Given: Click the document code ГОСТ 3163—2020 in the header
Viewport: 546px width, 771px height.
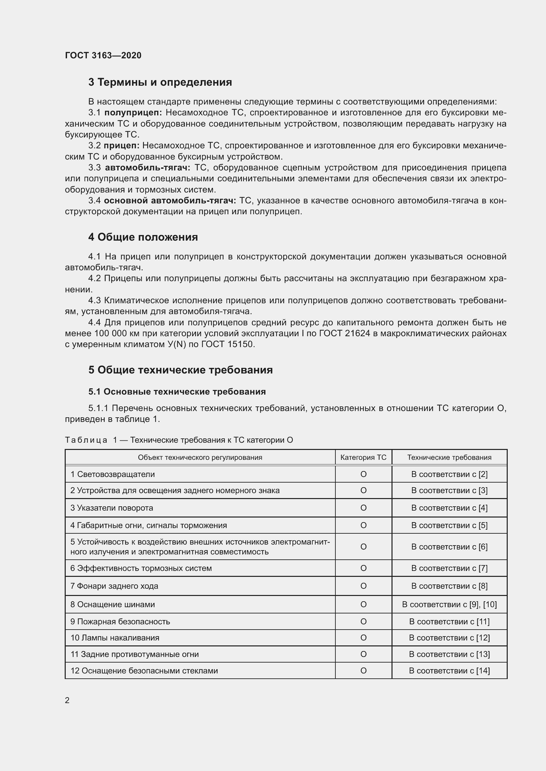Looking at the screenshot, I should pos(103,55).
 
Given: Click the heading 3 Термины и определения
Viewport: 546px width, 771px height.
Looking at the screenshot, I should pos(160,82).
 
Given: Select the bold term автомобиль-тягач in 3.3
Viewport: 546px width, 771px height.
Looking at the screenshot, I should pos(148,167).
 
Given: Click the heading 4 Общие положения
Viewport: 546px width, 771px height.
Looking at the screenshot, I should pos(143,237).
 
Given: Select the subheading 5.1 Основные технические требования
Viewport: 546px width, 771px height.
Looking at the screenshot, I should pos(177,392).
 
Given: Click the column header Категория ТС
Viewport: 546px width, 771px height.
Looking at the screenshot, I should pos(363,458).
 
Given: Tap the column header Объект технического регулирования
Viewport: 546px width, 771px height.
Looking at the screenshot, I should pos(200,458).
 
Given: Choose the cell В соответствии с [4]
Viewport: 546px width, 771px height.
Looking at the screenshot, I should pos(449,508).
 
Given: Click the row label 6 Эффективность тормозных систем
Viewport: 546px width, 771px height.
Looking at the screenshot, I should pos(141,568).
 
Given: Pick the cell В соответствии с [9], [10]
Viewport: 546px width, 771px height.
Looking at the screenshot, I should pos(449,605).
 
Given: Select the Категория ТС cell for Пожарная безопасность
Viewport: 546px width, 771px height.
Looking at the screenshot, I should pos(363,622).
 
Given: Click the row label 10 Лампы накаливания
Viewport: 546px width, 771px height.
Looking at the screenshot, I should pos(115,638).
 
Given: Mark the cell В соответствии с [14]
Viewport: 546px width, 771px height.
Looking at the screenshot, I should pos(449,670).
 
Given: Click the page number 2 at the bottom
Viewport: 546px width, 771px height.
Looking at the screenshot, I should pos(67,700).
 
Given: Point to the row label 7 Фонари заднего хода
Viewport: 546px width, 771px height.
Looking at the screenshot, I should pos(114,586).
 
